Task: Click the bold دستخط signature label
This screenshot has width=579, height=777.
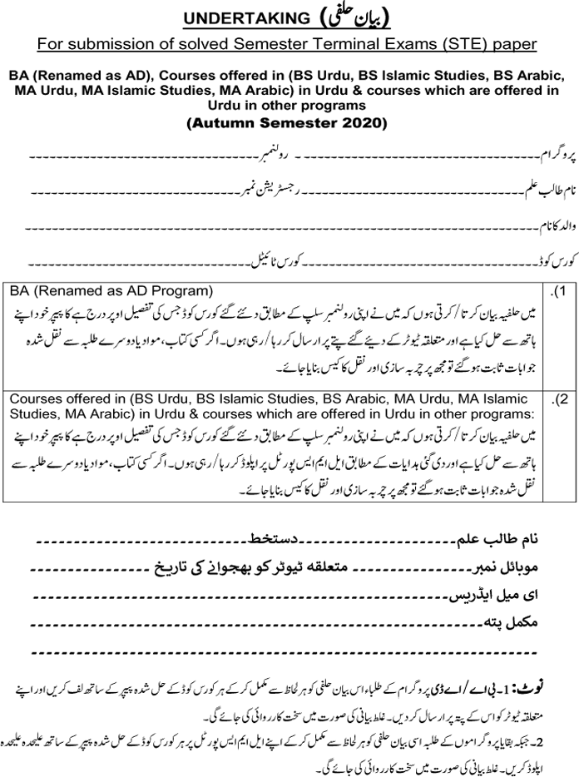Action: click(x=292, y=541)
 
